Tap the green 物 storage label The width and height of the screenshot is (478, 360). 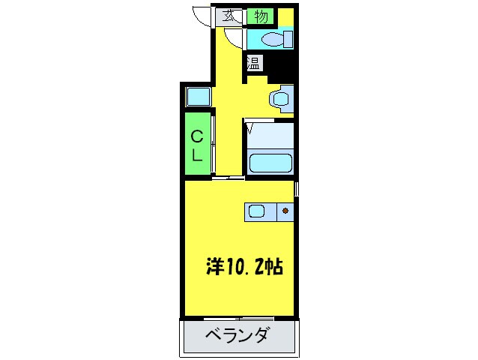click(x=261, y=16)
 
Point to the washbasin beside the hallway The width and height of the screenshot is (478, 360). click(x=282, y=97)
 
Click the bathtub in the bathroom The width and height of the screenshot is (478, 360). click(x=270, y=162)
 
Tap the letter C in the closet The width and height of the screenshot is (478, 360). click(x=197, y=136)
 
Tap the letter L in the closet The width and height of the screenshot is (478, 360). click(x=197, y=156)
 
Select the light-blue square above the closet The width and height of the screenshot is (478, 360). click(x=197, y=97)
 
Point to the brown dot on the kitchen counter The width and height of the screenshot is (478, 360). click(x=285, y=211)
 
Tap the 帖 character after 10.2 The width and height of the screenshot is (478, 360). click(x=274, y=267)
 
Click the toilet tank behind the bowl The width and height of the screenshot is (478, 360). click(x=287, y=39)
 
